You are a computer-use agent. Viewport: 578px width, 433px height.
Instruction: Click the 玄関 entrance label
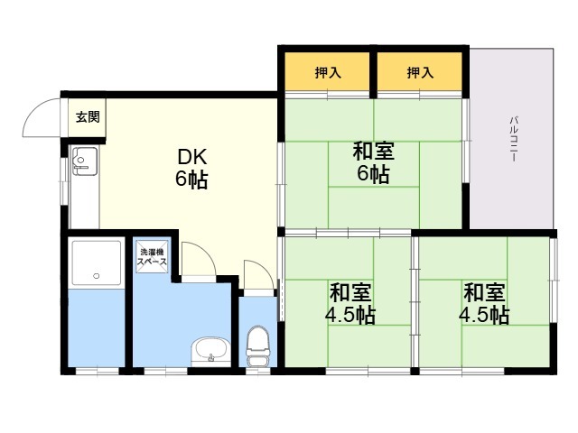click(88, 117)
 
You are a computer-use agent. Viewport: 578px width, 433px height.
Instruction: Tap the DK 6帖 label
click(191, 169)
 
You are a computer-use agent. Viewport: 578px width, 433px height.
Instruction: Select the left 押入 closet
click(327, 71)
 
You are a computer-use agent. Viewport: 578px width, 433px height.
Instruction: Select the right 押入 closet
click(420, 71)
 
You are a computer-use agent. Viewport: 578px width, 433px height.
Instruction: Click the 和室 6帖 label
click(373, 162)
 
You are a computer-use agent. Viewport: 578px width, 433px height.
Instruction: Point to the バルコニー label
click(514, 139)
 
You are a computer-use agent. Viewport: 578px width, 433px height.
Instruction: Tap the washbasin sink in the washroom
click(210, 352)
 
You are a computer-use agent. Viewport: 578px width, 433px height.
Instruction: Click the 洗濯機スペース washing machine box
click(152, 256)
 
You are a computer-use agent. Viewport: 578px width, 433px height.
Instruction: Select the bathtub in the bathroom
click(97, 263)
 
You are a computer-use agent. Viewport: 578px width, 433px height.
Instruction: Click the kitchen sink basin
click(86, 161)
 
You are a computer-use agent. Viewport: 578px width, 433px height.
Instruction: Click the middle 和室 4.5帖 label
click(350, 303)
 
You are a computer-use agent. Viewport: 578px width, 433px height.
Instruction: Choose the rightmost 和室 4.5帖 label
click(484, 303)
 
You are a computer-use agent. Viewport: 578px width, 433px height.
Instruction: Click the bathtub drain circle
click(97, 275)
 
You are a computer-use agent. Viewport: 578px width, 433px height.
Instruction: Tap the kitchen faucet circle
click(80, 160)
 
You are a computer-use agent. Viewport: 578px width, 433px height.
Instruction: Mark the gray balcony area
click(512, 138)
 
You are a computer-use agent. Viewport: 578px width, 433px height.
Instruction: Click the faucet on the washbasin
click(211, 357)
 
